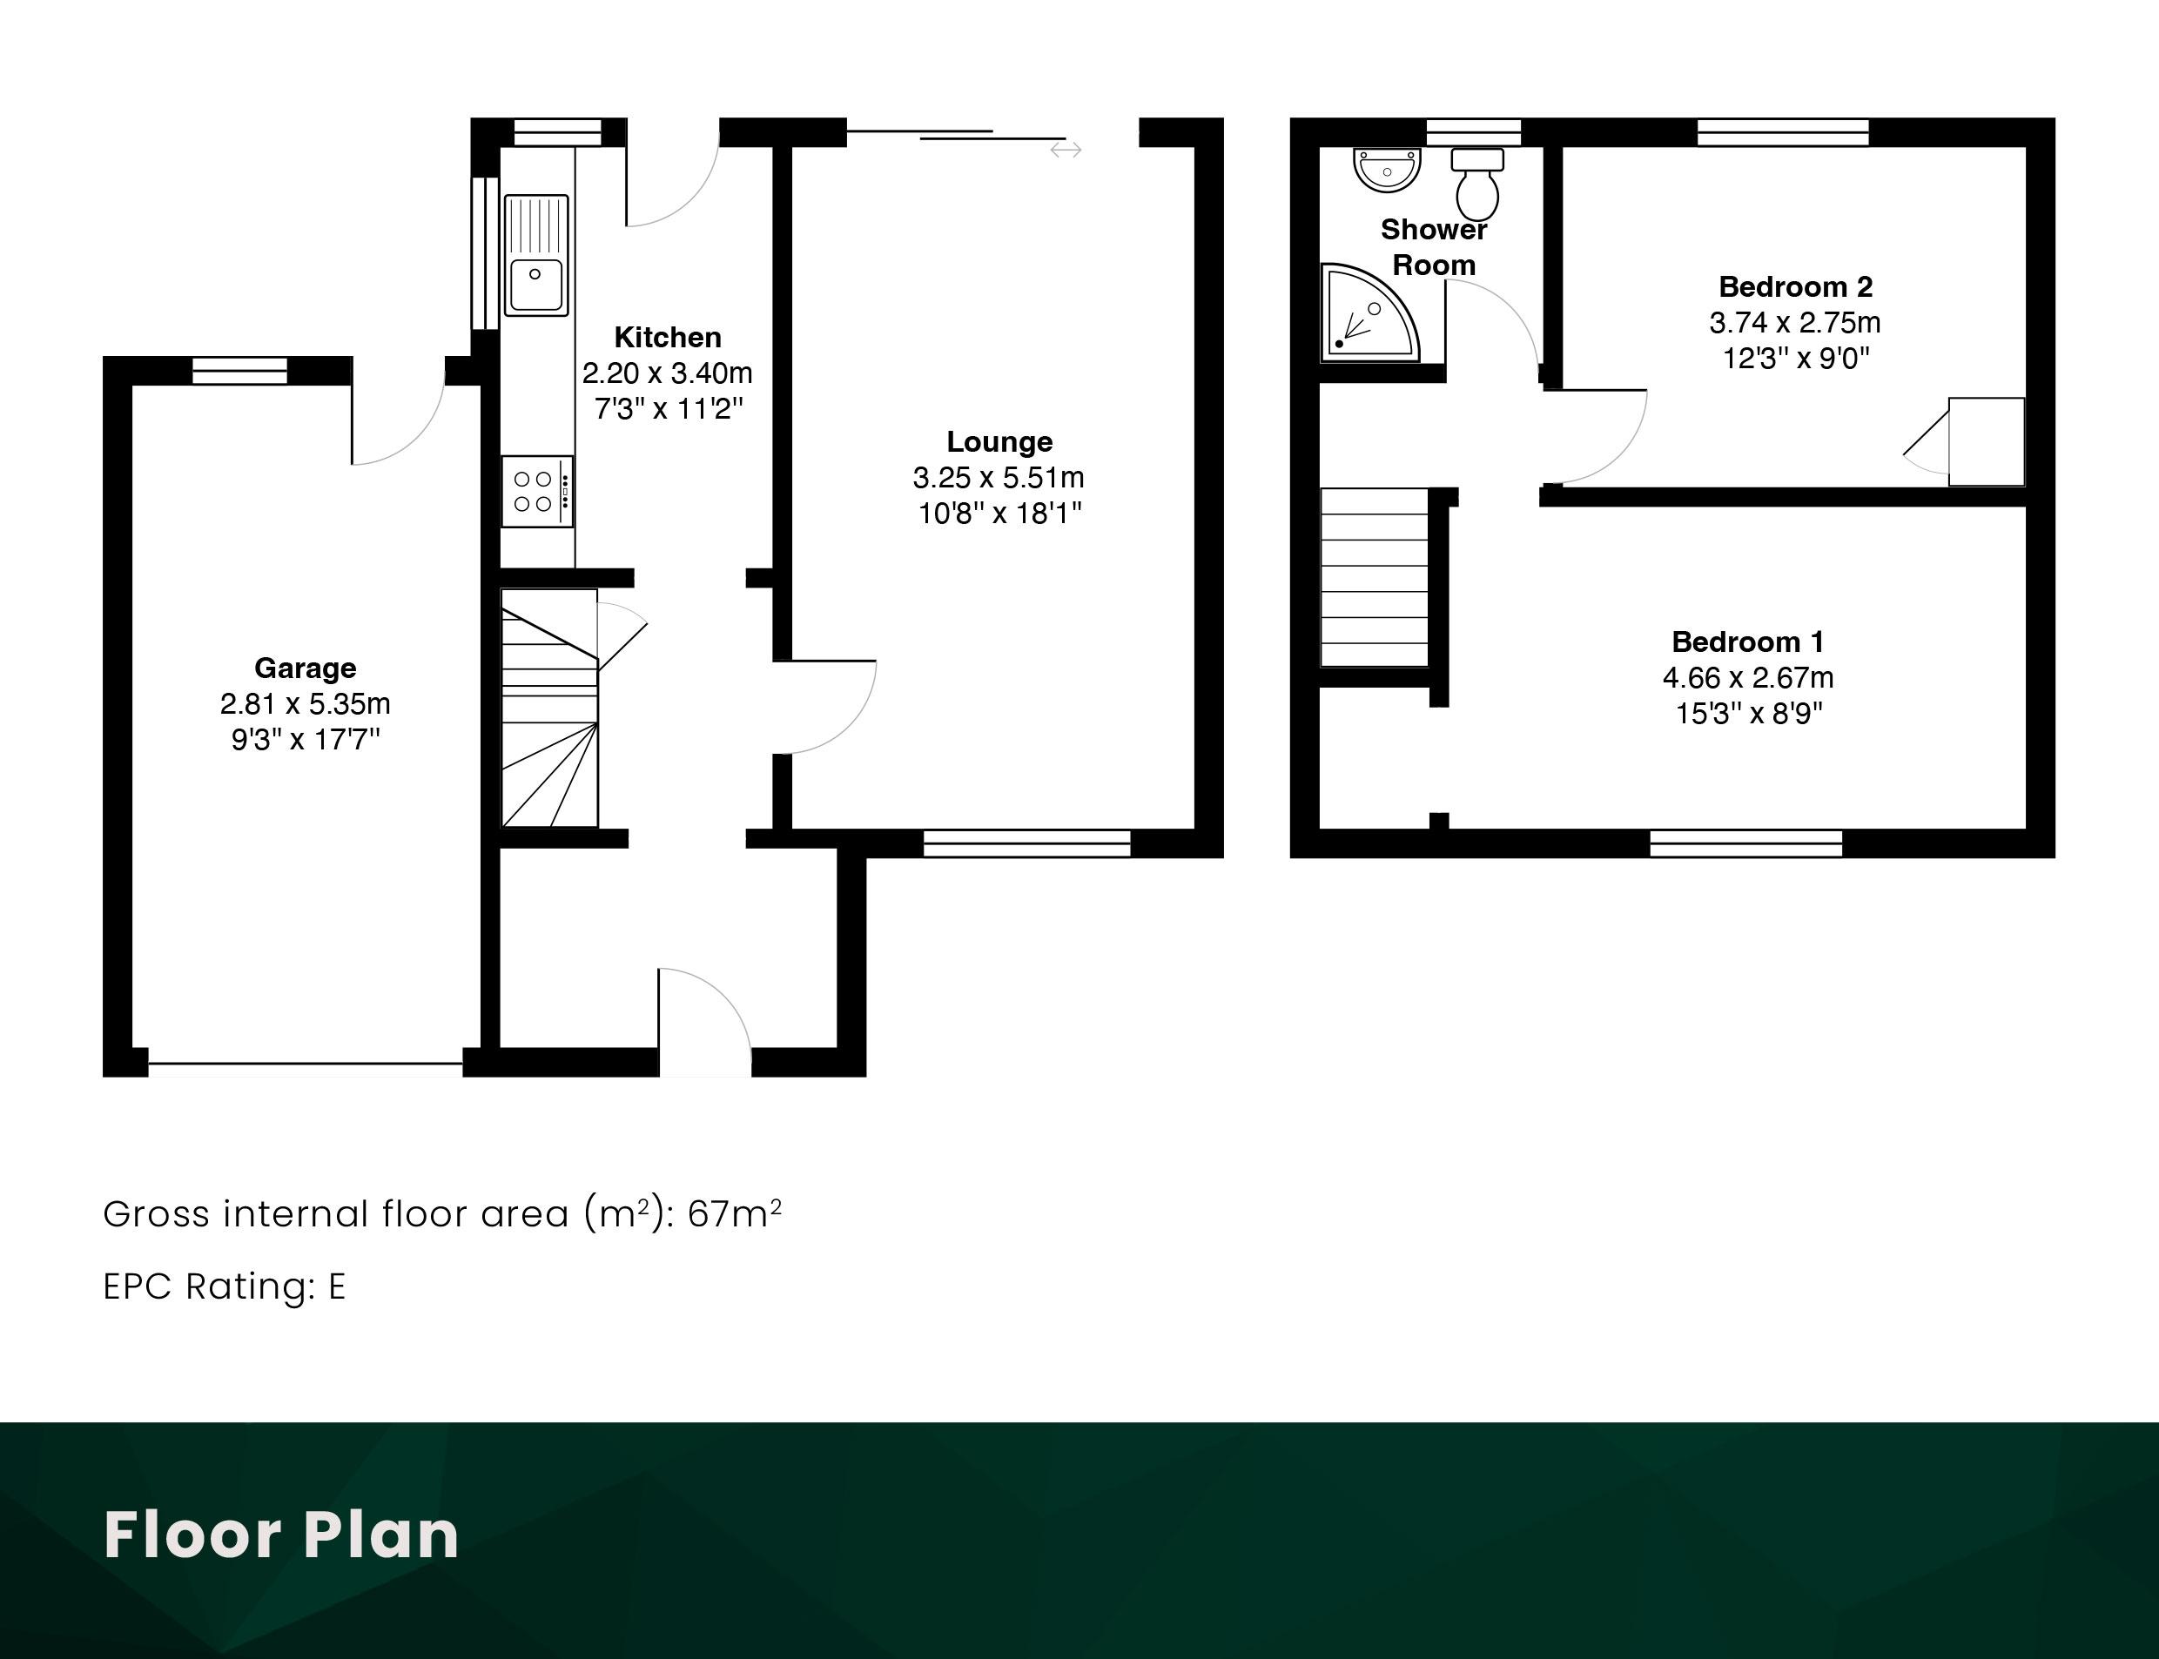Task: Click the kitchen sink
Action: tap(536, 255)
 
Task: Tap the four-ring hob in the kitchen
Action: tap(536, 491)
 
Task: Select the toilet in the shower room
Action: tap(1477, 185)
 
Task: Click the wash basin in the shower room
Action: tap(1388, 169)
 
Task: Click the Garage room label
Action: tap(306, 668)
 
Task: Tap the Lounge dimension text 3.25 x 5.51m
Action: tap(999, 478)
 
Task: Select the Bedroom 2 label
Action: tap(1796, 286)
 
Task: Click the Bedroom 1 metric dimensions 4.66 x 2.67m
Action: tap(1748, 677)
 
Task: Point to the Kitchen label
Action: tap(668, 337)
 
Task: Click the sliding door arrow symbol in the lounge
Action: tap(1066, 150)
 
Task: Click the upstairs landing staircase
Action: tap(1375, 578)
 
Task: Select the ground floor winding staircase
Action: tap(549, 708)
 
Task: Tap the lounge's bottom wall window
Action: tap(1027, 843)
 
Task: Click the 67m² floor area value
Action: tap(735, 1213)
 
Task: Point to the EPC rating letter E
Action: tap(337, 1286)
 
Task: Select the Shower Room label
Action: tap(1434, 247)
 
